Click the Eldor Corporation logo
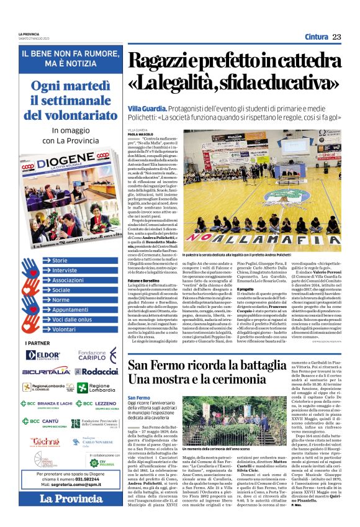(43, 354)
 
